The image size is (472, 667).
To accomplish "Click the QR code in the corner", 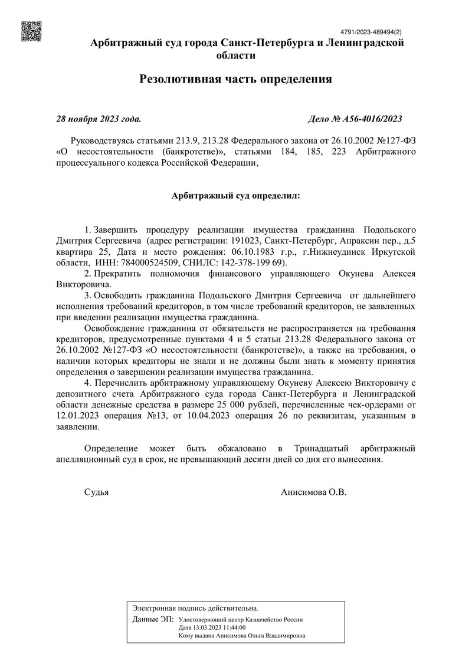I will (32, 31).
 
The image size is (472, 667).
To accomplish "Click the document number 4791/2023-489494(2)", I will (371, 32).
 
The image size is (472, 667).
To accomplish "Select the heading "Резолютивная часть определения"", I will (236, 79).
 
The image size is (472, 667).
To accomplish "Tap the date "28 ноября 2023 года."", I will (99, 119).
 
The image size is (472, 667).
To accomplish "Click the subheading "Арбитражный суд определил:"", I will (236, 194).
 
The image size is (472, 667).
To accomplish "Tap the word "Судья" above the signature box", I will (97, 492).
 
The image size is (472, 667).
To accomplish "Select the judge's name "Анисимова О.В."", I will (313, 492).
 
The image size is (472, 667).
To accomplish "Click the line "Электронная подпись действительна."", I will (195, 607).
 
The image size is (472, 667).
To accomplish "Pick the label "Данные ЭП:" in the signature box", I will (153, 620).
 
